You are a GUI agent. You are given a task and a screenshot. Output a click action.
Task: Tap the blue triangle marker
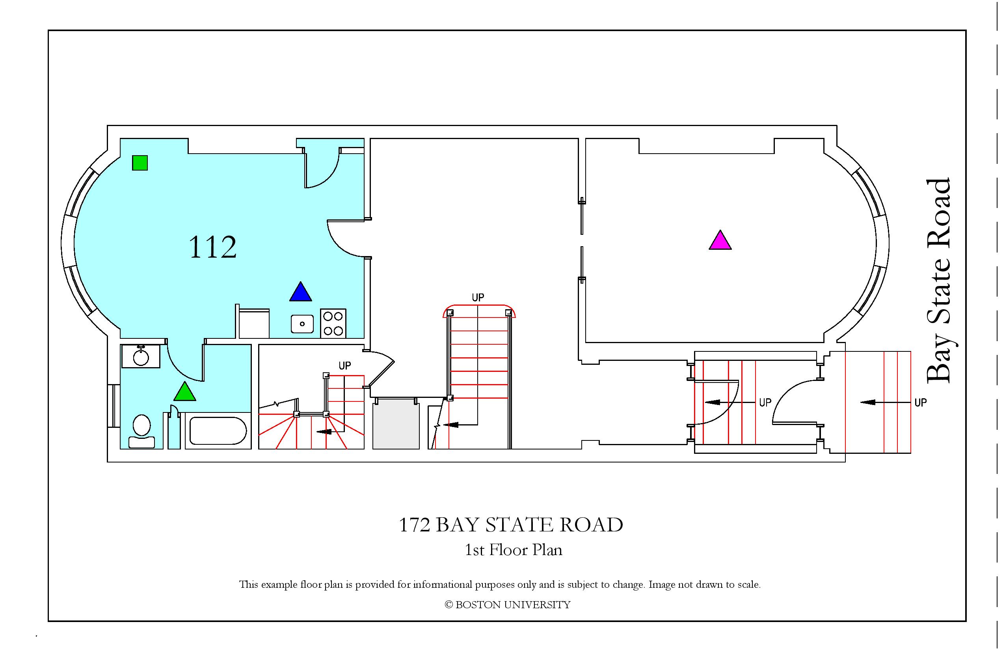click(301, 292)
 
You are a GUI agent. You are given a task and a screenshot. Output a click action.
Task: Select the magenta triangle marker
click(720, 240)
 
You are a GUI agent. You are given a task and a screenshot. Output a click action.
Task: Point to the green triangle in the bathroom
click(185, 391)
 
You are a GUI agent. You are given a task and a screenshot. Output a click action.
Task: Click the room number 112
click(212, 247)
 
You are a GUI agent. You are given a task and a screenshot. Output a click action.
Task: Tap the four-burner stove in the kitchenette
click(333, 324)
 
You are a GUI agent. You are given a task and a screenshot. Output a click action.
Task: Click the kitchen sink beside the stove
click(302, 324)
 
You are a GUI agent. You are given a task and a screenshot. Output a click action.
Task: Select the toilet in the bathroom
click(141, 431)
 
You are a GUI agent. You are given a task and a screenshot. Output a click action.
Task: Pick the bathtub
click(218, 431)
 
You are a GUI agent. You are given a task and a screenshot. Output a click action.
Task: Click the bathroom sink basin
click(141, 357)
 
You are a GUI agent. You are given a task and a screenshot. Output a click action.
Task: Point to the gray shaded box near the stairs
click(396, 425)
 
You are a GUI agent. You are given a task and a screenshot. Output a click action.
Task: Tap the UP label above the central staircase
click(478, 297)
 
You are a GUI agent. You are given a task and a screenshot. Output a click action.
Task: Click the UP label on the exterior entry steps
click(921, 402)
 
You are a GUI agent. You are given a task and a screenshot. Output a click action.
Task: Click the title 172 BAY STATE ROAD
click(511, 525)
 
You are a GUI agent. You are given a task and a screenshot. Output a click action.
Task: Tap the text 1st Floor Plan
click(514, 550)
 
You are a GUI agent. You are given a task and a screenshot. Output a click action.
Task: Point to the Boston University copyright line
click(508, 605)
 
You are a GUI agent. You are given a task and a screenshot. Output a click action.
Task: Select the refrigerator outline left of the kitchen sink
click(254, 324)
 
